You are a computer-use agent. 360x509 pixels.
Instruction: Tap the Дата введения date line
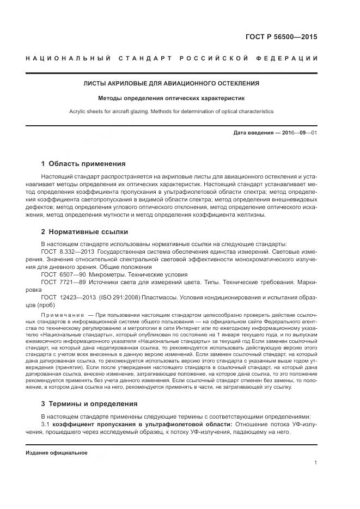(x=275, y=133)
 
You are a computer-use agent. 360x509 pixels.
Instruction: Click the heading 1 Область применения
(x=83, y=163)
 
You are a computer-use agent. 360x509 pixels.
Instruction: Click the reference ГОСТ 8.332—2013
(x=65, y=253)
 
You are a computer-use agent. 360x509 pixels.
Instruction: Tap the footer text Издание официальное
(x=57, y=452)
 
